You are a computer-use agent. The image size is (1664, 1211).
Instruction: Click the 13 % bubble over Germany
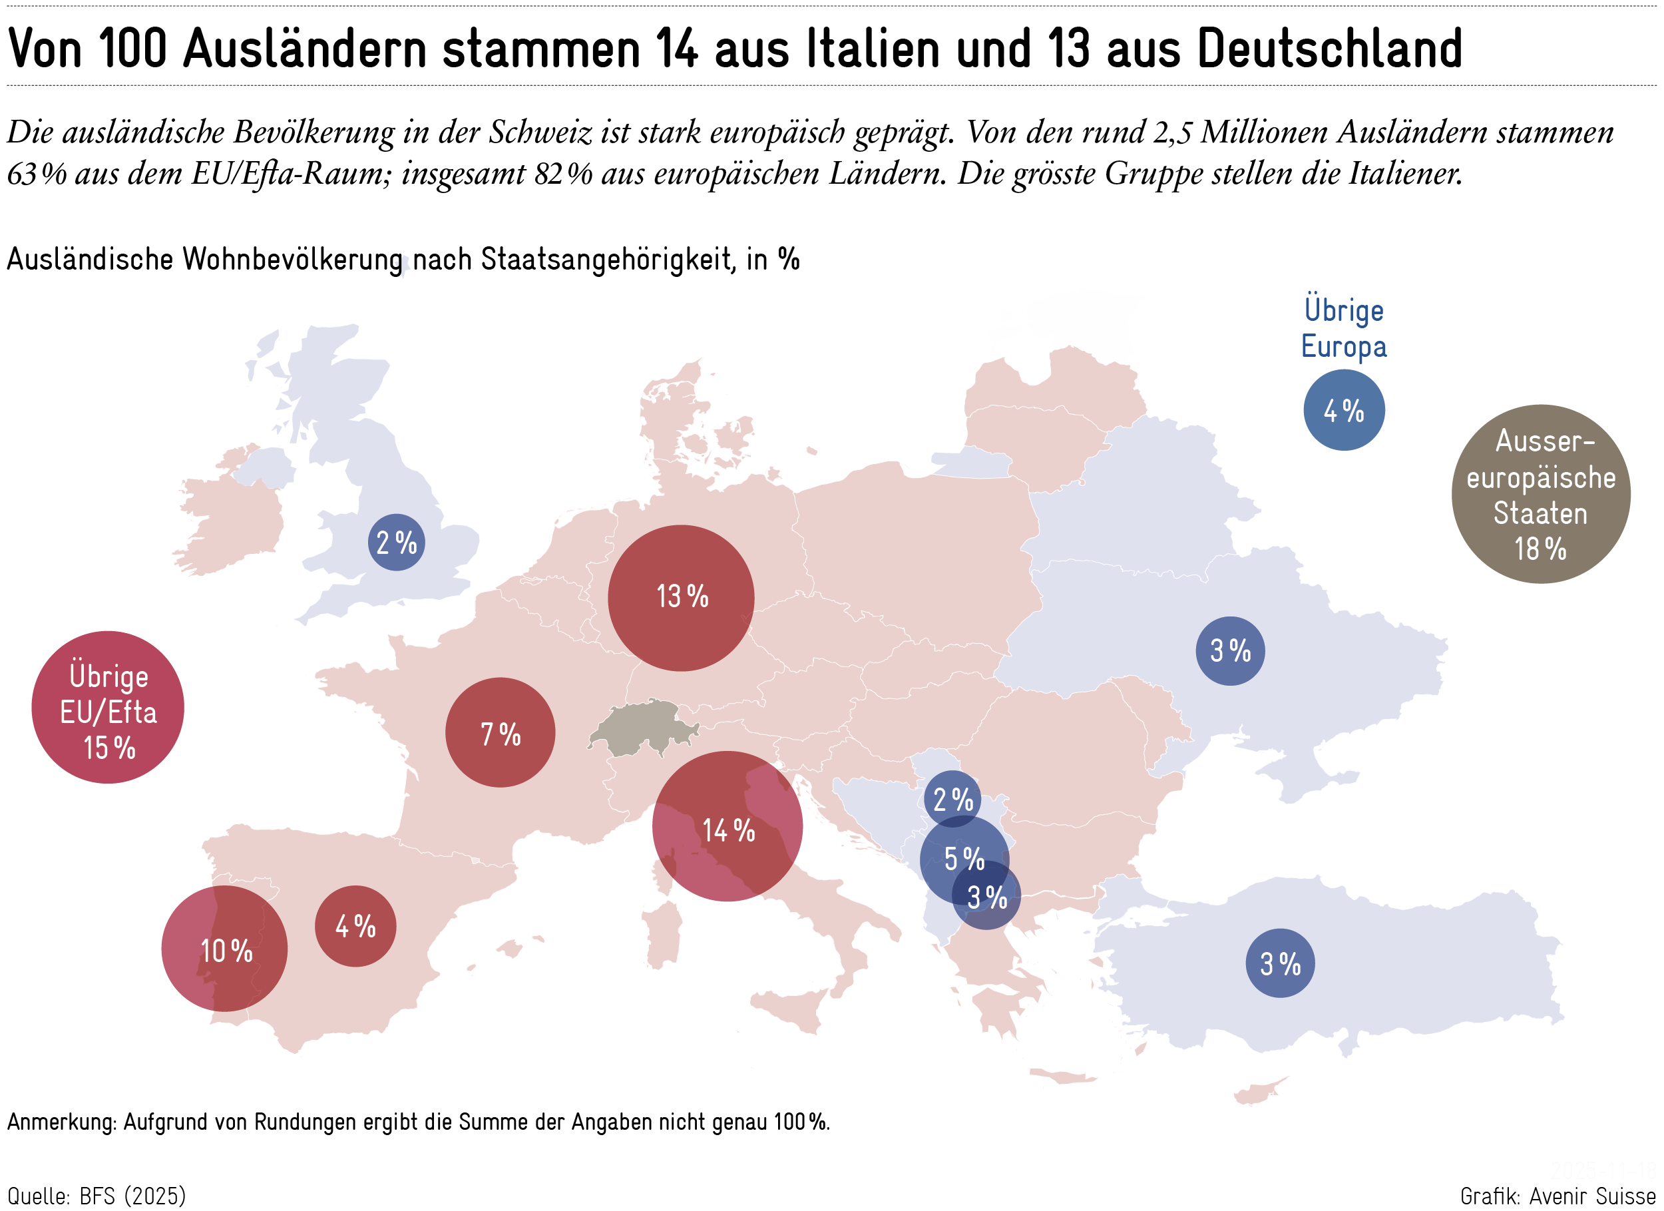680,597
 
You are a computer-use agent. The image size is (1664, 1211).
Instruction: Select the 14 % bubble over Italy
727,826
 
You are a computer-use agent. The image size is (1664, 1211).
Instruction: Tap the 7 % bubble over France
500,732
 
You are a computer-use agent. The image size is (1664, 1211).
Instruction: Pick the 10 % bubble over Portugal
224,949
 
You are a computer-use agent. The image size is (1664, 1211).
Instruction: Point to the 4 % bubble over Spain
355,925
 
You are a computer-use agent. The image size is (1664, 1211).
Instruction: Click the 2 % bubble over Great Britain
396,543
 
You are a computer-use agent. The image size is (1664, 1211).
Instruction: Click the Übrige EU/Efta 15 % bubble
108,708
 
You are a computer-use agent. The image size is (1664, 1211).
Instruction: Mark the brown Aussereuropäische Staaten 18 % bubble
1540,494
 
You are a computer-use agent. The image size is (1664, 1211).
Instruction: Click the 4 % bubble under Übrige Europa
1343,409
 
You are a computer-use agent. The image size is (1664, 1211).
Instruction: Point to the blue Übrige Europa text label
1343,328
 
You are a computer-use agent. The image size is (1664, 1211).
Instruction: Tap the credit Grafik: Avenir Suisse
1557,1196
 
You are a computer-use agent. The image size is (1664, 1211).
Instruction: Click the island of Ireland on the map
231,514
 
